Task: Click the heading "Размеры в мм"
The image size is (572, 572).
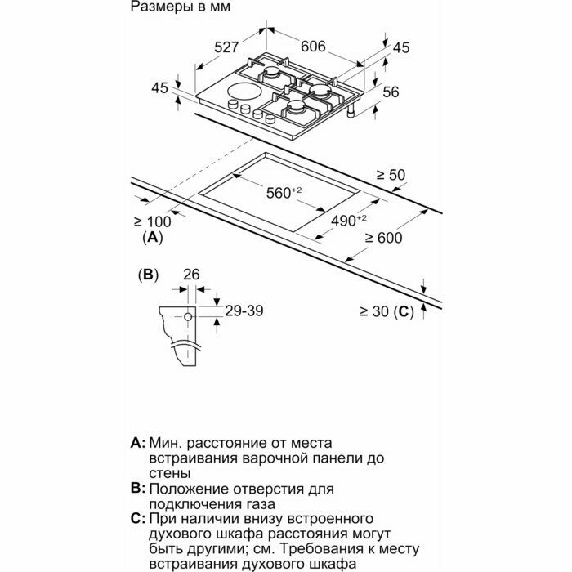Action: click(180, 7)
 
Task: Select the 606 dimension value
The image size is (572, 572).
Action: click(313, 47)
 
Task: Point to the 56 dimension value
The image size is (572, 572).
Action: click(391, 92)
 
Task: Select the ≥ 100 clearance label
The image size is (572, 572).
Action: click(152, 221)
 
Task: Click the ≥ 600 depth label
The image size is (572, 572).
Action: click(385, 238)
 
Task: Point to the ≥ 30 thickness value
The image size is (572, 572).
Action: click(374, 311)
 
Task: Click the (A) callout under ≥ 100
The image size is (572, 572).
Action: click(152, 238)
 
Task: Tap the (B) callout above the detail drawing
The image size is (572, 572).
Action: click(148, 275)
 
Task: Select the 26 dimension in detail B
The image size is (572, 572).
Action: click(191, 275)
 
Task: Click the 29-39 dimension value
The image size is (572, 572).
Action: click(245, 311)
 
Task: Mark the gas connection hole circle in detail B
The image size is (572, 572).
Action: click(189, 315)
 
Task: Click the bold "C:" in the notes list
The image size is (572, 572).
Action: click(137, 520)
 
